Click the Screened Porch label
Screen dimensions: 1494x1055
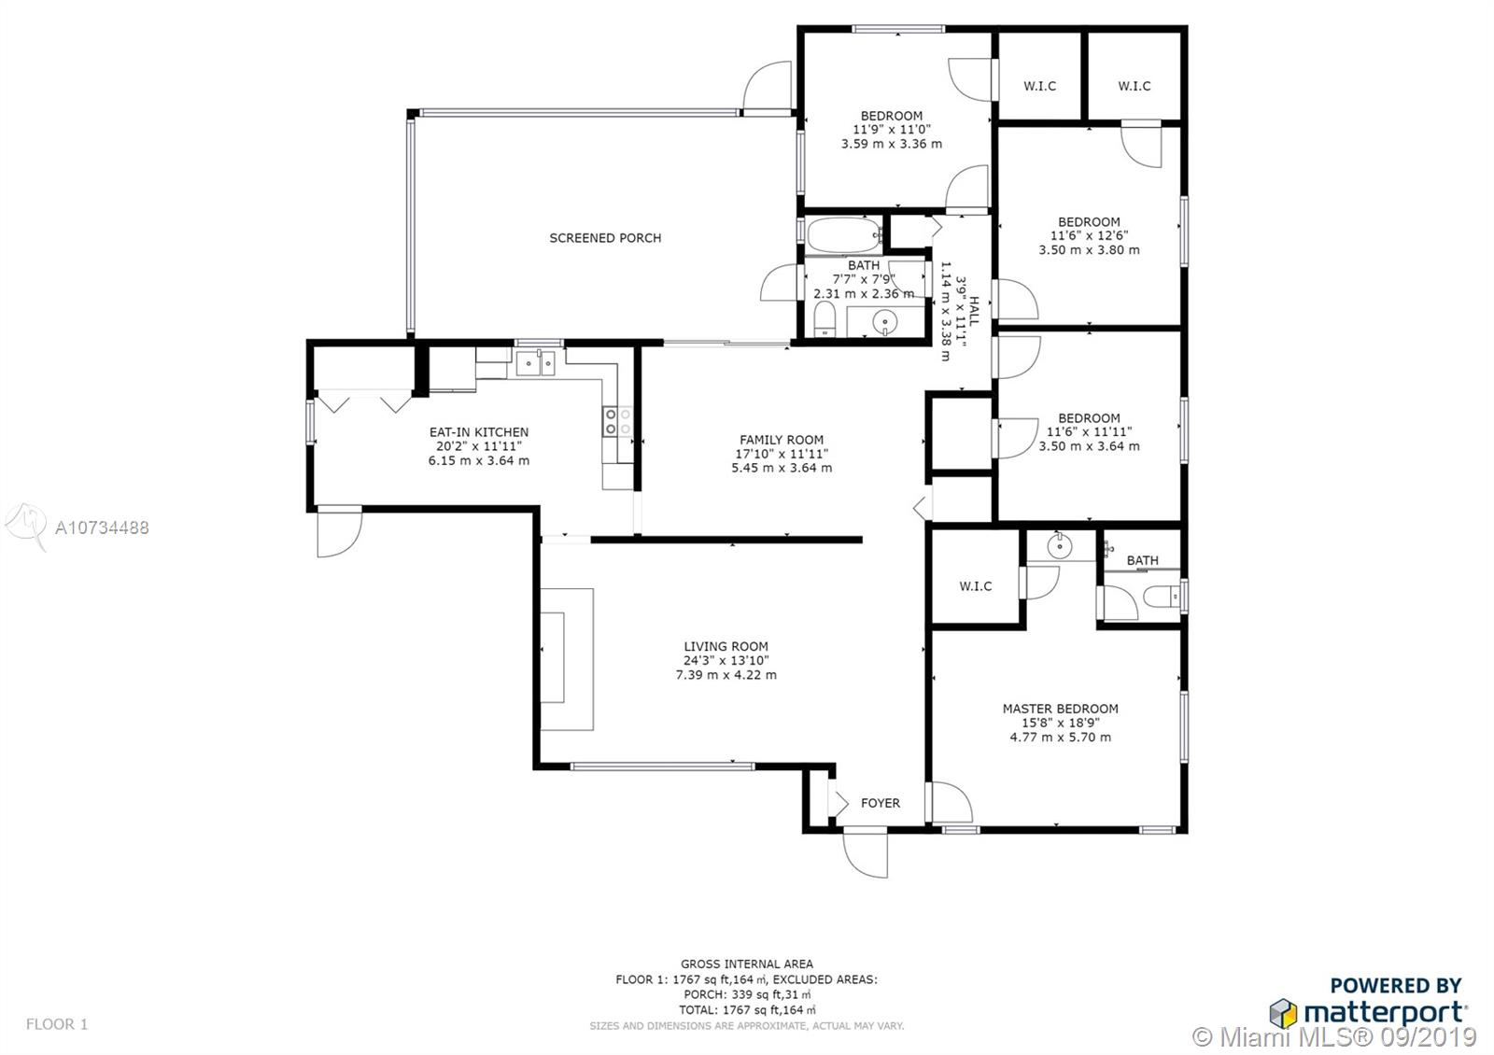[x=605, y=238]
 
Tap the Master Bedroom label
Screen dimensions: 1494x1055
[x=1061, y=709]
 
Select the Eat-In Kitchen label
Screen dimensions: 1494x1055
[x=479, y=432]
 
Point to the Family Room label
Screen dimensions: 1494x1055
[x=781, y=440]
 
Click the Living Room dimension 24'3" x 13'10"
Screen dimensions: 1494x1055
[x=726, y=660]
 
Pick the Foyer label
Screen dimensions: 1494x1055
[x=881, y=803]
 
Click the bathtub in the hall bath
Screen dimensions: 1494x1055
[x=844, y=234]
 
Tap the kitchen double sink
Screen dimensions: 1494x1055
[x=535, y=363]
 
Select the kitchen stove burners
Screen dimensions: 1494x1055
[x=617, y=421]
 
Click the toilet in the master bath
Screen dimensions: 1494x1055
[x=1162, y=596]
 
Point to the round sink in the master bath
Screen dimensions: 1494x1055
[x=1059, y=545]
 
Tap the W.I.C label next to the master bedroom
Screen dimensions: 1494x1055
[x=975, y=586]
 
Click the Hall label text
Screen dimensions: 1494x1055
[x=975, y=312]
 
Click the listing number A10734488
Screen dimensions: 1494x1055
[x=102, y=528]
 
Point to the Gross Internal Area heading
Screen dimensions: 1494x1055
[x=746, y=964]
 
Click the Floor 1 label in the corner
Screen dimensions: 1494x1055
[x=57, y=1023]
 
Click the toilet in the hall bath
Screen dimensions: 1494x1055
[x=825, y=318]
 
